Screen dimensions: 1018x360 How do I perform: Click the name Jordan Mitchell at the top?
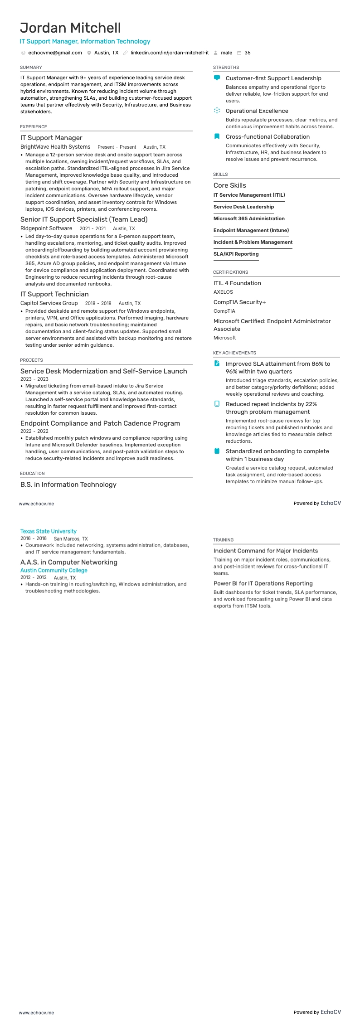(70, 28)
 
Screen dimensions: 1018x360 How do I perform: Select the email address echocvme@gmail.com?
(55, 53)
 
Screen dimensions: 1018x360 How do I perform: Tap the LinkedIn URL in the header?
(170, 53)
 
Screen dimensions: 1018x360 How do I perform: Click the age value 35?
(248, 53)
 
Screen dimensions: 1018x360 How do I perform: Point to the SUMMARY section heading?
(31, 67)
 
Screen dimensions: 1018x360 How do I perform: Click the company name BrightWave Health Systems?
(55, 147)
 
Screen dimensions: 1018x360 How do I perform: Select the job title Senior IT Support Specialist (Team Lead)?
(84, 219)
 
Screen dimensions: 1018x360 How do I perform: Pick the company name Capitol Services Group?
(49, 303)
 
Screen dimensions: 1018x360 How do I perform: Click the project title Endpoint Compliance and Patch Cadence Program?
(100, 423)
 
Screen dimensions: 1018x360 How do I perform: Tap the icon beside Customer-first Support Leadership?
(217, 78)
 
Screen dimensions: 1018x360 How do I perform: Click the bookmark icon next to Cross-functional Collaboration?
(217, 136)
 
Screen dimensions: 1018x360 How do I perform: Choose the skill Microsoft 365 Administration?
(249, 218)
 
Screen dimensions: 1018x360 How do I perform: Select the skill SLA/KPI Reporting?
(236, 254)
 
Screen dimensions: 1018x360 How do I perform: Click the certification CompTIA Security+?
(239, 302)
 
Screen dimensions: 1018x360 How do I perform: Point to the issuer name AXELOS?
(223, 292)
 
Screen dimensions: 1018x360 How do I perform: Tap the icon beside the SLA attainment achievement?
(217, 364)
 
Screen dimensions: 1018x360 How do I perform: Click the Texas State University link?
(49, 531)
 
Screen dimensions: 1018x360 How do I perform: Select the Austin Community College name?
(54, 570)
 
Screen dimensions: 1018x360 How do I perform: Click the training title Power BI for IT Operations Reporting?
(263, 583)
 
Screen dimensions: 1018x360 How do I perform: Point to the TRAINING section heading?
(223, 540)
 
